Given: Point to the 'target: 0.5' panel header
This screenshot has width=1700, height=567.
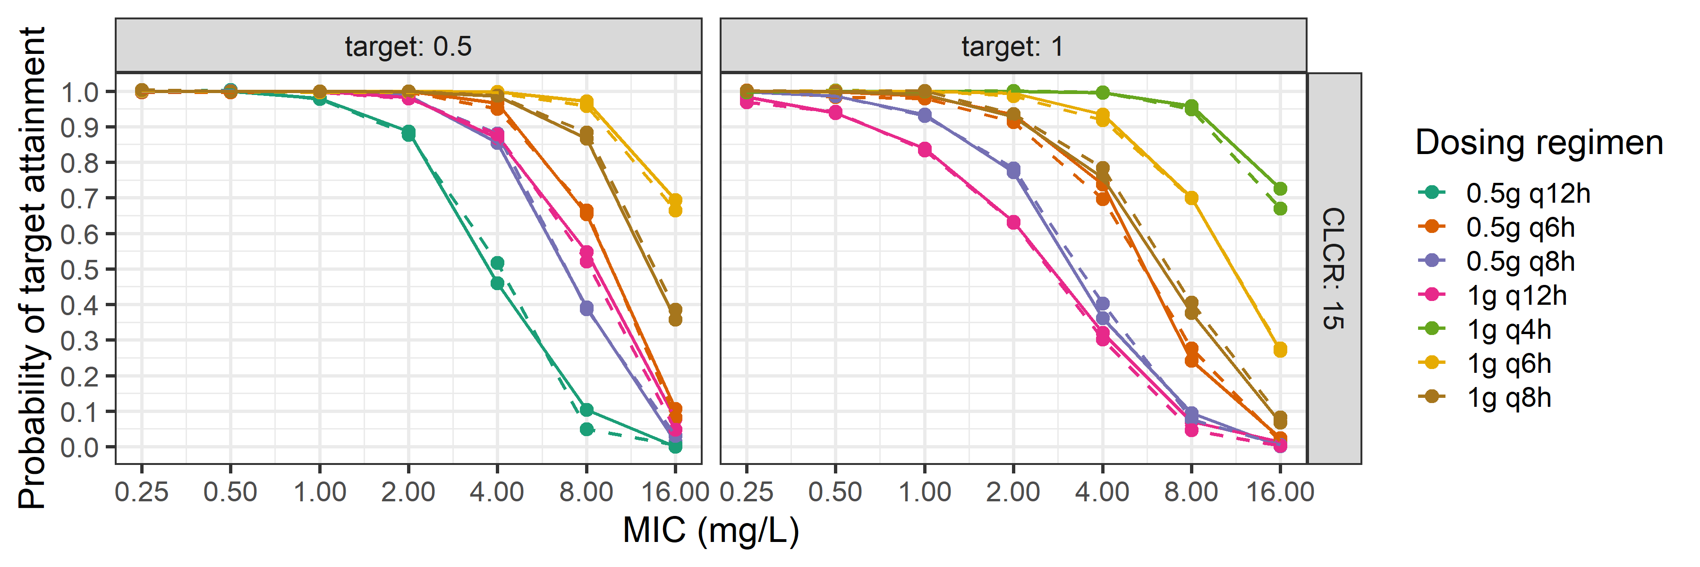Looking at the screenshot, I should click(x=408, y=46).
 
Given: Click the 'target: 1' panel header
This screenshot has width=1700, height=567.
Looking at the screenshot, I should click(x=1012, y=46).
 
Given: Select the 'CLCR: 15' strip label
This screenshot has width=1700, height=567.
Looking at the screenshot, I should click(x=1334, y=268).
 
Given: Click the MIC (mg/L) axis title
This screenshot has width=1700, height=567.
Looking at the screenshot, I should click(x=711, y=530).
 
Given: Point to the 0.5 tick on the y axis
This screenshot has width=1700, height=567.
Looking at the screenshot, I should click(x=79, y=269).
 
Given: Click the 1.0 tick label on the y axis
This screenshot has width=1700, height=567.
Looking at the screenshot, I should click(x=79, y=92).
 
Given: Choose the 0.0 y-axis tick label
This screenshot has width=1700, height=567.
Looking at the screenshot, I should click(x=79, y=447).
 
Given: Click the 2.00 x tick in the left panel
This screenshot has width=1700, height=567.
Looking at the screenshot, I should click(x=408, y=492).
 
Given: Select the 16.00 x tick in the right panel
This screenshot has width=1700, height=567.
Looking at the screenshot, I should click(x=1280, y=492).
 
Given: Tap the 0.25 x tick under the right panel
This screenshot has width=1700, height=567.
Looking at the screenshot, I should click(x=747, y=492).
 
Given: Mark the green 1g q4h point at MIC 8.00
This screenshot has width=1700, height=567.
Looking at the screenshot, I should click(x=1191, y=107).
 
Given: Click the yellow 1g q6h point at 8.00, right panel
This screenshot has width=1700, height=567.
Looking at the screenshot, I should click(x=1191, y=198).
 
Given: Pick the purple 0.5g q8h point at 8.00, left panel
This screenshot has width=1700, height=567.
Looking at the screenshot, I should click(x=586, y=308).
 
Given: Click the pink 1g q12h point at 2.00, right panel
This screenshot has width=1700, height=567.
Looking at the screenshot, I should click(x=1013, y=223).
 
